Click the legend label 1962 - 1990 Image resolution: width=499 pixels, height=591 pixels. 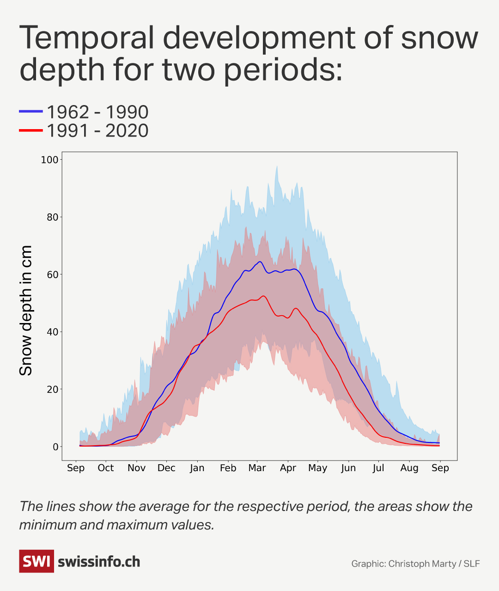(x=97, y=112)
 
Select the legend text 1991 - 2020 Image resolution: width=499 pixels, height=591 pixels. (x=97, y=131)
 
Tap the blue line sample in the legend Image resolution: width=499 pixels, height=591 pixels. (x=31, y=112)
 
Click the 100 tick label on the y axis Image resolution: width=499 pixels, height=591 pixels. (x=50, y=160)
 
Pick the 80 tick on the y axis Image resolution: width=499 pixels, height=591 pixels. (x=53, y=217)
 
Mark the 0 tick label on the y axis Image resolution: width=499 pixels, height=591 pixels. (x=55, y=447)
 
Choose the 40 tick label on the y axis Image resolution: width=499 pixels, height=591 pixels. (x=53, y=332)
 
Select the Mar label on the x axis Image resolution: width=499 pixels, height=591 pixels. (x=257, y=468)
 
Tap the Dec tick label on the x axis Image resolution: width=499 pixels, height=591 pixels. (x=166, y=468)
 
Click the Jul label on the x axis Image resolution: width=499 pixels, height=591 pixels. (x=378, y=468)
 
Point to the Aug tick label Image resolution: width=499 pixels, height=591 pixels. (x=409, y=468)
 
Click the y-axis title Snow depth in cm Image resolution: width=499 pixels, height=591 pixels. (x=26, y=311)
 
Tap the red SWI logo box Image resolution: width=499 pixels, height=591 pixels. (x=37, y=561)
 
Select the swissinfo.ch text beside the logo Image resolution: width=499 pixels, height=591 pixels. (x=99, y=562)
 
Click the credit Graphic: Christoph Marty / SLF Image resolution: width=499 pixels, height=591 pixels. (x=415, y=564)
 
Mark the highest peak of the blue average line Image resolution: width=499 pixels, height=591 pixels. (x=260, y=262)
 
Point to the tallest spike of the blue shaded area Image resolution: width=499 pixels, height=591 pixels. (x=277, y=167)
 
